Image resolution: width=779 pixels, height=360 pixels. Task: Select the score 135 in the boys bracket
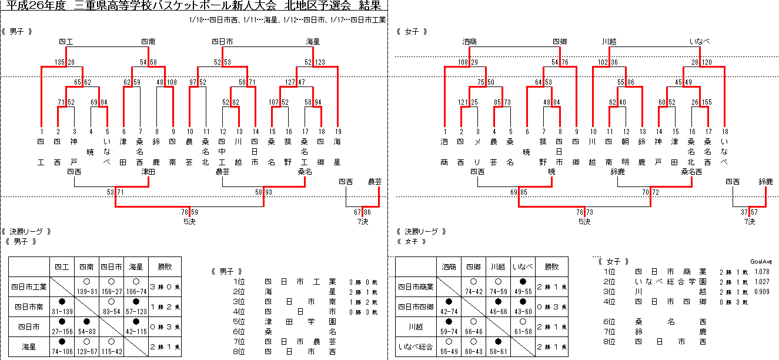pos(59,62)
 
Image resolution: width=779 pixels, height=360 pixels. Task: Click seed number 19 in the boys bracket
pos(338,131)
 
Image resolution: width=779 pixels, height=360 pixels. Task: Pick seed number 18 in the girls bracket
pos(725,131)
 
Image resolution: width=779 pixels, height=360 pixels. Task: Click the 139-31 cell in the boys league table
pos(86,291)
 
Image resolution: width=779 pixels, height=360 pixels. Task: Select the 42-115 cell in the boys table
pos(136,332)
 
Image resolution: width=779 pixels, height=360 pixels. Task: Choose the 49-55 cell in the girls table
pos(523,291)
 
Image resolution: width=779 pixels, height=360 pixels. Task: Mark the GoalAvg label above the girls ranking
pos(761,261)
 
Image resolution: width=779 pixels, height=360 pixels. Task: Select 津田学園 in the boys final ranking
pos(300,322)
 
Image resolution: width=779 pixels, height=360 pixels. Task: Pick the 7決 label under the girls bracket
pos(749,222)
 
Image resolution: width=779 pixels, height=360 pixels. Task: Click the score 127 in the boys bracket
pos(290,82)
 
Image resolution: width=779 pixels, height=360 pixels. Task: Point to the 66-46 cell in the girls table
pos(473,332)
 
